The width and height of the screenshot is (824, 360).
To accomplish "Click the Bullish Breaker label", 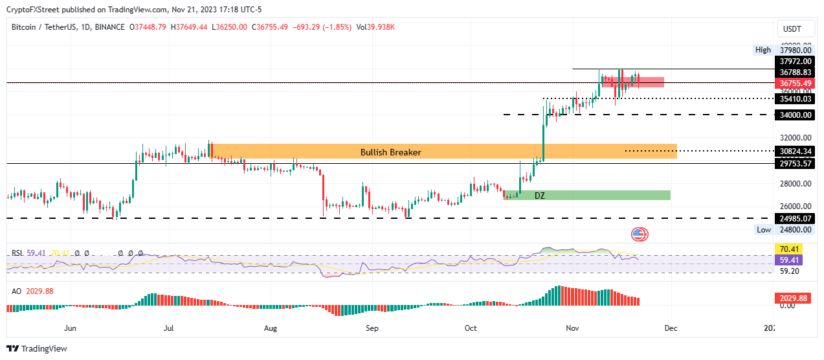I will click(390, 152).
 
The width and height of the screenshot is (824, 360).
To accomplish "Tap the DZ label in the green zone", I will click(539, 195).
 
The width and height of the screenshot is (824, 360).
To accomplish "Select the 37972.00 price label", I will click(796, 61).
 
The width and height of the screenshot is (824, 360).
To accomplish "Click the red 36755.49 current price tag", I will click(796, 83).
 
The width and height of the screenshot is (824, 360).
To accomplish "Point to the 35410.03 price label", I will click(796, 99).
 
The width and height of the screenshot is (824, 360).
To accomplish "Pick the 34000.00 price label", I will click(796, 115).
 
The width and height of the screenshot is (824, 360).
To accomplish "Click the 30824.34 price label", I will click(796, 152).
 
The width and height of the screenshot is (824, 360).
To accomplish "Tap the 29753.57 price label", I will click(796, 164).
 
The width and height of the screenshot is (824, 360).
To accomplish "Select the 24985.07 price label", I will click(796, 219).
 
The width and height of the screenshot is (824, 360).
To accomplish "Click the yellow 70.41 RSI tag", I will click(788, 248).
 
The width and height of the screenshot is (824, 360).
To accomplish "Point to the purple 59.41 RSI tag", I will click(788, 259).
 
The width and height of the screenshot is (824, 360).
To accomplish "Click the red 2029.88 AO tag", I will click(792, 298).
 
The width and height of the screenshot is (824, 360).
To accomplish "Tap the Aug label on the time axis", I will click(271, 328).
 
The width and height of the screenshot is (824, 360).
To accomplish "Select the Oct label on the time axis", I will click(471, 328).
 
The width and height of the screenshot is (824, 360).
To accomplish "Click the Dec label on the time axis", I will click(671, 328).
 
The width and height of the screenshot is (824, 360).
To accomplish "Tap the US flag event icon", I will click(639, 234).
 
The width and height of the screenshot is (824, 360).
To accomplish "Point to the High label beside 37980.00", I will click(763, 50).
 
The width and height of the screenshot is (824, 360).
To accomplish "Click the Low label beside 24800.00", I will click(764, 230).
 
